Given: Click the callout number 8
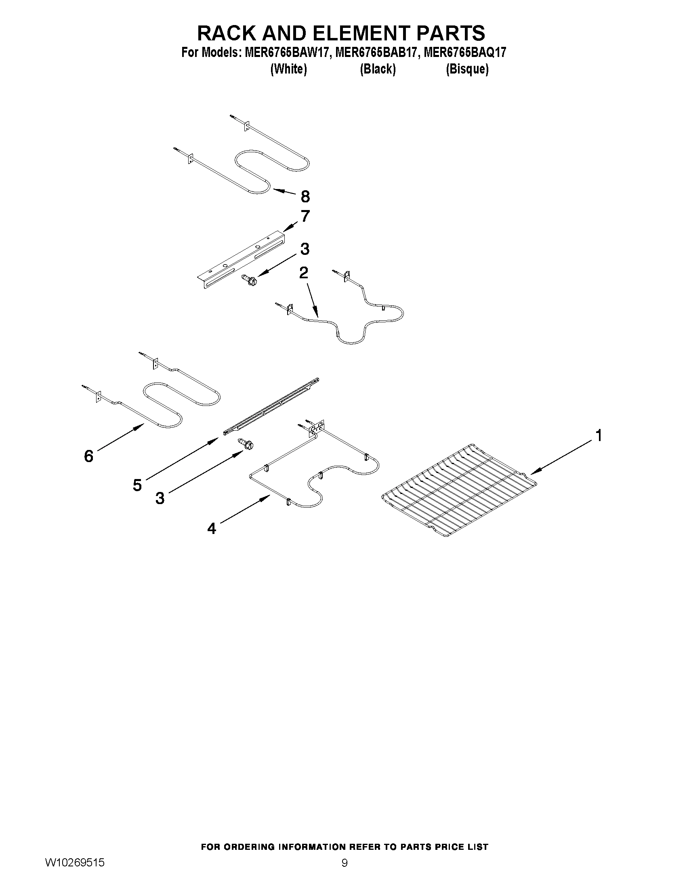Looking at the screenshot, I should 305,197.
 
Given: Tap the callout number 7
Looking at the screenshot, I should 305,216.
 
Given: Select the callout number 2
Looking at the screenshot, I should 304,273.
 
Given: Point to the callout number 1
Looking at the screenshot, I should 598,435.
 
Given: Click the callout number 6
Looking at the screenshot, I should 89,456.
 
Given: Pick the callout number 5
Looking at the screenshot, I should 137,485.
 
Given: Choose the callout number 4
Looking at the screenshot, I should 212,528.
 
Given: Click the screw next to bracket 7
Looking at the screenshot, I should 248,279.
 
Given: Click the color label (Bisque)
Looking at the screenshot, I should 467,69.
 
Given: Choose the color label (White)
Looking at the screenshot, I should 288,69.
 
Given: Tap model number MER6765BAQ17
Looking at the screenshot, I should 465,53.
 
